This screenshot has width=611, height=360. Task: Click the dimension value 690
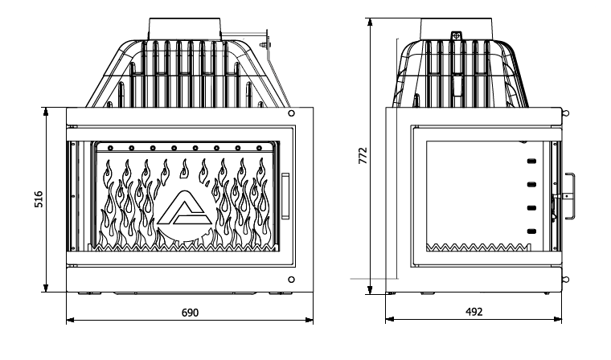(x=191, y=313)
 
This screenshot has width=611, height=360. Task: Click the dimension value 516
(x=39, y=199)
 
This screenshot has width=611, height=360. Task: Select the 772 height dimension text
(x=363, y=155)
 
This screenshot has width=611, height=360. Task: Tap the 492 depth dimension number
(x=474, y=312)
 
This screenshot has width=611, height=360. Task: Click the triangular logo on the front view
(x=184, y=208)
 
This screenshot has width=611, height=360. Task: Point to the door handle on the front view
(x=285, y=195)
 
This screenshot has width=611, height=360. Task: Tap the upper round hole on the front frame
(x=291, y=113)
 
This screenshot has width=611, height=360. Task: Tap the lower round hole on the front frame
(x=291, y=280)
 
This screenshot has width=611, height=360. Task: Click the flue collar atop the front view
(x=185, y=28)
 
